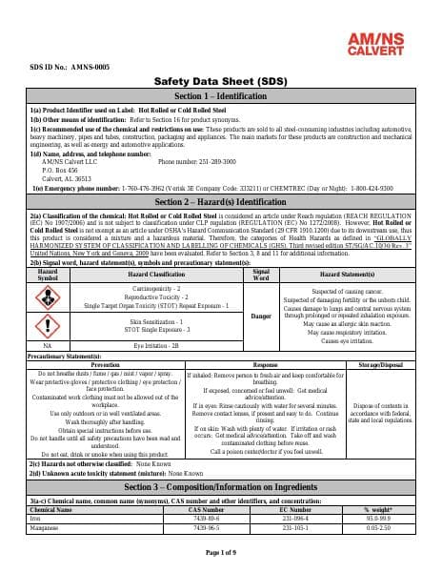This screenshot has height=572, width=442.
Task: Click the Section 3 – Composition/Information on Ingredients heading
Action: pos(221,487)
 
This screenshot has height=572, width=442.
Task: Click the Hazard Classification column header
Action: pos(156,274)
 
